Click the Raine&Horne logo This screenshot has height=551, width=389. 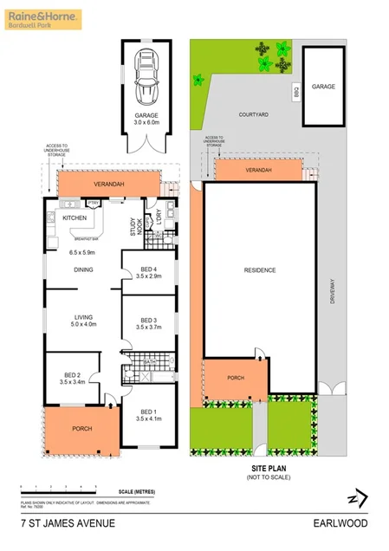(43, 17)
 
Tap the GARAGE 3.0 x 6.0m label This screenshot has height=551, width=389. (145, 120)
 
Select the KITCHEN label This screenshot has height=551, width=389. (75, 218)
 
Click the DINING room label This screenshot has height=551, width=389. (83, 269)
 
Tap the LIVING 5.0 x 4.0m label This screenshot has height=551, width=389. (83, 321)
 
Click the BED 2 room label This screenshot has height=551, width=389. (69, 377)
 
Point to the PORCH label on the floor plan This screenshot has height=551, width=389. (81, 429)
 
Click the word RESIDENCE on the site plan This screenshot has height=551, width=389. (260, 270)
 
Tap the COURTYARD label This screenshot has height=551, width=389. (256, 113)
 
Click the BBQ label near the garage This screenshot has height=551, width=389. (295, 89)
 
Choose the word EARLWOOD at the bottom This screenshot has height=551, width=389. (341, 523)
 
